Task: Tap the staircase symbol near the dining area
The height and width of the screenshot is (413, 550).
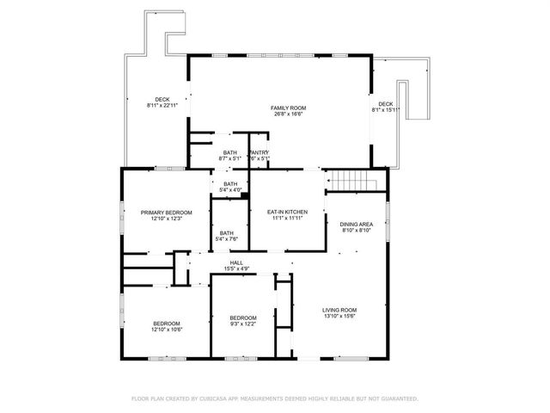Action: coord(355,181)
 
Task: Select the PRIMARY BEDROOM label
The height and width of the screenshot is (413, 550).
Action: coord(166,212)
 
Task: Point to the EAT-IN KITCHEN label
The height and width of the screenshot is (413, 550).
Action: coord(287,212)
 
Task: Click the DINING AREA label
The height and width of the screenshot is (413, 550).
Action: coord(356,223)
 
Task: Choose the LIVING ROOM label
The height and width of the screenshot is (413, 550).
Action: coord(339,310)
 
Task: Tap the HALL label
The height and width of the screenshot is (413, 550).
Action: coord(235,262)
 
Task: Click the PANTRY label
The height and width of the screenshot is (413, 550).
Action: coord(260,151)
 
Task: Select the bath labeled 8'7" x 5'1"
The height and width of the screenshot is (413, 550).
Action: coord(230,151)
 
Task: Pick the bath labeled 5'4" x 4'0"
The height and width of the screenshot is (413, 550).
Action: coord(230,183)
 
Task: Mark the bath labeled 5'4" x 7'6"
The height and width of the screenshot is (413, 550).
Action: coord(226,232)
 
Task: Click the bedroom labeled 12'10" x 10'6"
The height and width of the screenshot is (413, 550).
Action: coord(168,324)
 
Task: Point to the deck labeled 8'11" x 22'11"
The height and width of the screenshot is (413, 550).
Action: coord(162,99)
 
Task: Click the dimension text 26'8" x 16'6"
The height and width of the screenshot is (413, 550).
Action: coord(289,114)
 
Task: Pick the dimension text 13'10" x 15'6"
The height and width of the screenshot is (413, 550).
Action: coord(339,317)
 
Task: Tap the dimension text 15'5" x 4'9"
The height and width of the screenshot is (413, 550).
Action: coord(235,269)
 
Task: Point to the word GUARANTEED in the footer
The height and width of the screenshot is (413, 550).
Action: coord(396,399)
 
